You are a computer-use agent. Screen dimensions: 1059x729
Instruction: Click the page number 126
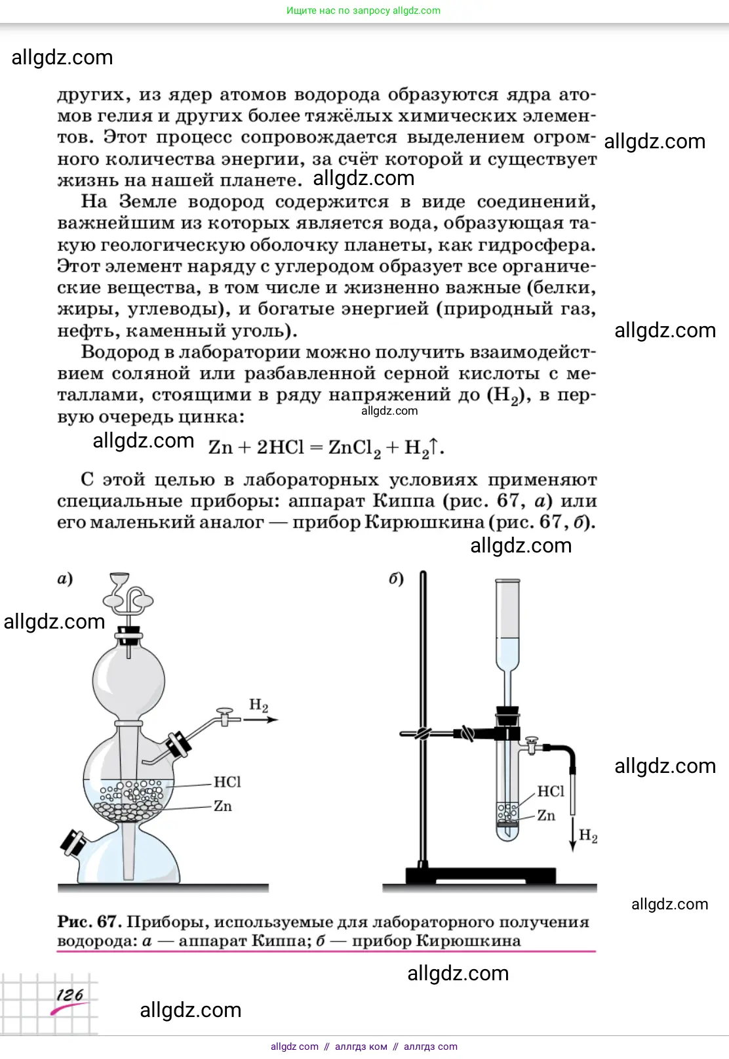coord(69,995)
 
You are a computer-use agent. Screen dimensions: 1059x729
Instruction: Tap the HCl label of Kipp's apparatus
coord(227,781)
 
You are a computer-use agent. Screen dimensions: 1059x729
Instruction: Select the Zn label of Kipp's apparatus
coord(223,806)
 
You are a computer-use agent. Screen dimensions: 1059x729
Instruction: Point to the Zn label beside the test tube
coord(546,815)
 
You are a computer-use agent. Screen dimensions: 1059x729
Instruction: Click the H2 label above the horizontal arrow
coord(258,705)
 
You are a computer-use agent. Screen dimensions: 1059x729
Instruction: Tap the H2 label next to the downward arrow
coord(588,835)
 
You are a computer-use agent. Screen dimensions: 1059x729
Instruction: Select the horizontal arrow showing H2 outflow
coord(261,720)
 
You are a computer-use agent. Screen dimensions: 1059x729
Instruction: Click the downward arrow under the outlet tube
coord(573,833)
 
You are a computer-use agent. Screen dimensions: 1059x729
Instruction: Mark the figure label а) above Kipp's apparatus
coord(65,578)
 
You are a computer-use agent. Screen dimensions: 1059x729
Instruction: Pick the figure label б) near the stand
coord(396,578)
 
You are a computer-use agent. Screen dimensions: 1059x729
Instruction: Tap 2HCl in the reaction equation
coord(280,447)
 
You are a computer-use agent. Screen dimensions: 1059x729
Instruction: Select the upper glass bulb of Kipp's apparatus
coord(128,680)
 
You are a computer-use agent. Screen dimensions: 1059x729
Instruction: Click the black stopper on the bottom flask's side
coord(72,842)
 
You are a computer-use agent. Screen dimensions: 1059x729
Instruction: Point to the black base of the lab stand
coord(480,875)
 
